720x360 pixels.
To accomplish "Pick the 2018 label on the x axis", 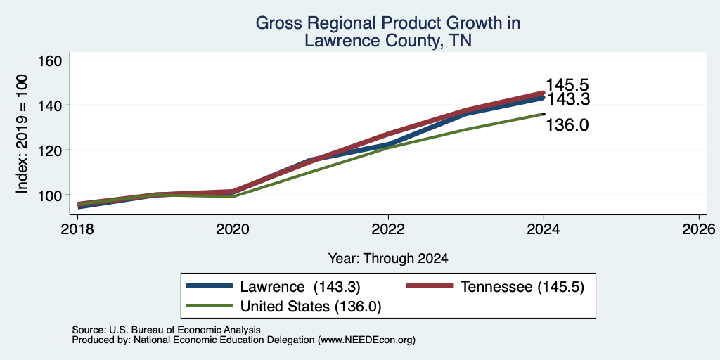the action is [x=77, y=229].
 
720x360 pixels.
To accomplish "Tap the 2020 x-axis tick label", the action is [x=233, y=229].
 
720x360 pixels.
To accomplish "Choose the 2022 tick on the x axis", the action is [x=388, y=229].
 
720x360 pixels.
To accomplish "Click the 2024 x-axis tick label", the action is [x=544, y=229].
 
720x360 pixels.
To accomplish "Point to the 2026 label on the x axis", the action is [x=699, y=229].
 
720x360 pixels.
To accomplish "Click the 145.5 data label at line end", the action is [x=567, y=85].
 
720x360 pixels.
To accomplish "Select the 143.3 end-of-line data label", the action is [x=567, y=99].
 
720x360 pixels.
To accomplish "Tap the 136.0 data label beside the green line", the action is [x=567, y=125].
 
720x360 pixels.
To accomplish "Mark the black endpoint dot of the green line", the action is [x=544, y=114].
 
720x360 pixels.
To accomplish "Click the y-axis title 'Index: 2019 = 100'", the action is [x=22, y=134].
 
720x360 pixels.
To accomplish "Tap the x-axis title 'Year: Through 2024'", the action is [x=388, y=259].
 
